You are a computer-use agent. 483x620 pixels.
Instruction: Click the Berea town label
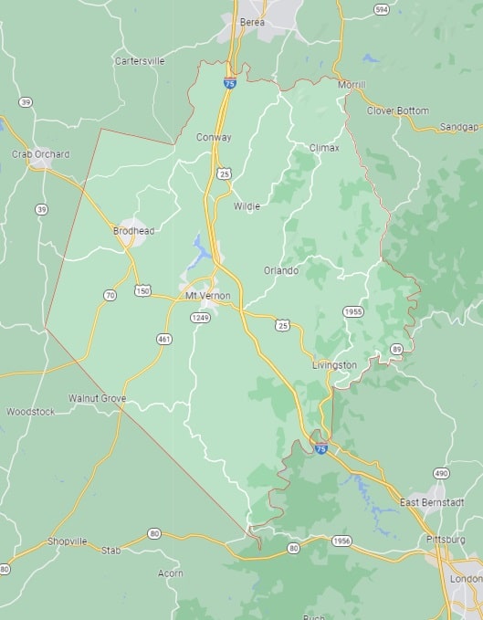pyautogui.click(x=251, y=21)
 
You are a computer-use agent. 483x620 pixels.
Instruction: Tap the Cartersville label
pyautogui.click(x=140, y=61)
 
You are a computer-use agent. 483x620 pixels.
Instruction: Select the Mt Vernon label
pyautogui.click(x=208, y=296)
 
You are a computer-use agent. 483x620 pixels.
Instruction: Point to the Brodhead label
pyautogui.click(x=133, y=231)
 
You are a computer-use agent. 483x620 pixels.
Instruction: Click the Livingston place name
pyautogui.click(x=334, y=365)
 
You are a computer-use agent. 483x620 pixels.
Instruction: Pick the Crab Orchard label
pyautogui.click(x=40, y=154)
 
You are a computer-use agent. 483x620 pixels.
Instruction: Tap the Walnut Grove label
pyautogui.click(x=97, y=399)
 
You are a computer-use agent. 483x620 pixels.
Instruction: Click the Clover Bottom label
pyautogui.click(x=397, y=110)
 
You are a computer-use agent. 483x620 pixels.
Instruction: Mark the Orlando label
pyautogui.click(x=281, y=270)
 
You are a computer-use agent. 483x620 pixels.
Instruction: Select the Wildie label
pyautogui.click(x=247, y=206)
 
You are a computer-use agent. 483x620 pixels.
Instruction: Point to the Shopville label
pyautogui.click(x=68, y=541)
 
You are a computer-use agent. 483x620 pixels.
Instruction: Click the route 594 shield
pyautogui.click(x=381, y=9)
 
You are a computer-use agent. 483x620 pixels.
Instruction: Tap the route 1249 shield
pyautogui.click(x=201, y=317)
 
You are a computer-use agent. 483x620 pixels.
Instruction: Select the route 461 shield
pyautogui.click(x=164, y=339)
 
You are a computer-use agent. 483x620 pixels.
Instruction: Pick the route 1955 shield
pyautogui.click(x=353, y=312)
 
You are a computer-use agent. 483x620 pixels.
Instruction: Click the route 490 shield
pyautogui.click(x=441, y=473)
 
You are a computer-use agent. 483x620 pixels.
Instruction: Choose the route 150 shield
pyautogui.click(x=142, y=291)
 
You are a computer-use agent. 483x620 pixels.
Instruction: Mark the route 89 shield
pyautogui.click(x=396, y=349)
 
